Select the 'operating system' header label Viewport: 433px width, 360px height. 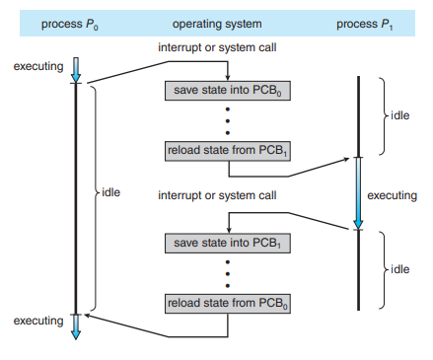coord(216,22)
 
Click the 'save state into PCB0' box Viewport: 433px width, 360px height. coord(229,91)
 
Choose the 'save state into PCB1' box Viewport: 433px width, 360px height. coord(229,242)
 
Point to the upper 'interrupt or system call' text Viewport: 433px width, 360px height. coord(217,48)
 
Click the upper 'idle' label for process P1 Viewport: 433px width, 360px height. coord(398,114)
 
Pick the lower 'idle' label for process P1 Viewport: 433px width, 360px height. coord(398,269)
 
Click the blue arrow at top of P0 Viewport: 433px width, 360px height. coord(77,70)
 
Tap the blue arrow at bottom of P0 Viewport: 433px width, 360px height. coord(77,326)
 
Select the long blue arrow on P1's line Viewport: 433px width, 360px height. coord(359,193)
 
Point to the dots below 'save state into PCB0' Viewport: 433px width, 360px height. coord(229,120)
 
